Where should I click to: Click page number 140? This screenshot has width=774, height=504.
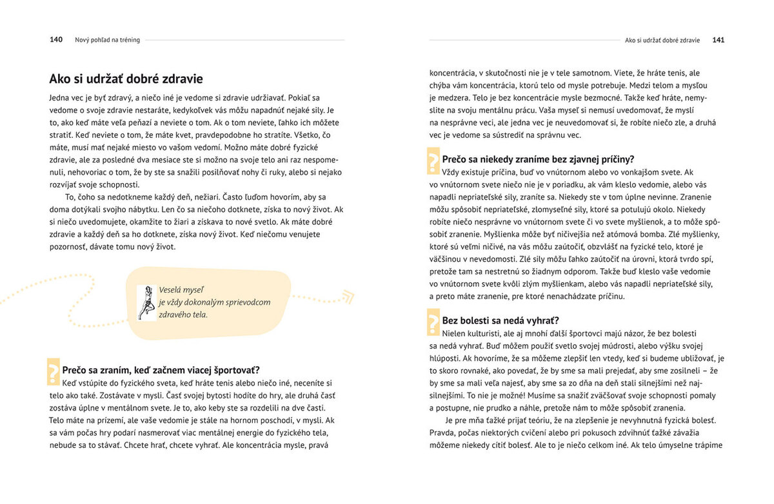point(56,40)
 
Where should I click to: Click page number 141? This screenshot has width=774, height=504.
point(718,40)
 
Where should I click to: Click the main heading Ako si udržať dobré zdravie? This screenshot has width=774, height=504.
point(126,79)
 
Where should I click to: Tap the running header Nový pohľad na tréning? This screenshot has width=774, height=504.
point(108,40)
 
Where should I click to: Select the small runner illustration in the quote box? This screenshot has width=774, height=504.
point(146,302)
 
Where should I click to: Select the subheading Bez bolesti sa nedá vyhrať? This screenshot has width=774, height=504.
point(501,320)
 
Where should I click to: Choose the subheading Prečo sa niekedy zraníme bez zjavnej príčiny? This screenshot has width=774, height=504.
point(538,159)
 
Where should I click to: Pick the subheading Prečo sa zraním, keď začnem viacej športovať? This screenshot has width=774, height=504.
point(161,370)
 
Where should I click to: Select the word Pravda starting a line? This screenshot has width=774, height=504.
point(443,432)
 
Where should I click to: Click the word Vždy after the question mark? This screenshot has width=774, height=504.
point(453,172)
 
